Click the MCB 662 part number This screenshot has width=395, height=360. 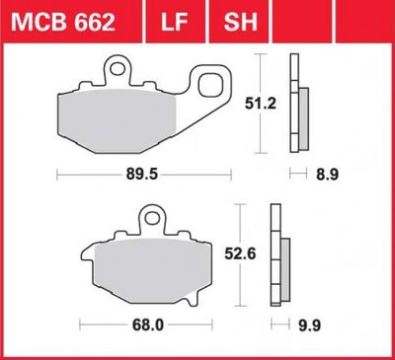coord(63,23)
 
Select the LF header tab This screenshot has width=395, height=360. coord(175,23)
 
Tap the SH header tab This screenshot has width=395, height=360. coord(240,23)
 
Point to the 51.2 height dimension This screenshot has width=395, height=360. coord(261,104)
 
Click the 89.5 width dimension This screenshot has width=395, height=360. coord(142,175)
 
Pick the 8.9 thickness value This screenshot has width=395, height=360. coord(327,175)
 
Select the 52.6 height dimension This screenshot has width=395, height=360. coord(240,253)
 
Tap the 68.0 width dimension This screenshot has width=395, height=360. coord(148,325)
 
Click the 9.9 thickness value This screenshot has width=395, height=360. coord(309,325)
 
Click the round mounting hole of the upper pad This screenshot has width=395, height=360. coord(117,69)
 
